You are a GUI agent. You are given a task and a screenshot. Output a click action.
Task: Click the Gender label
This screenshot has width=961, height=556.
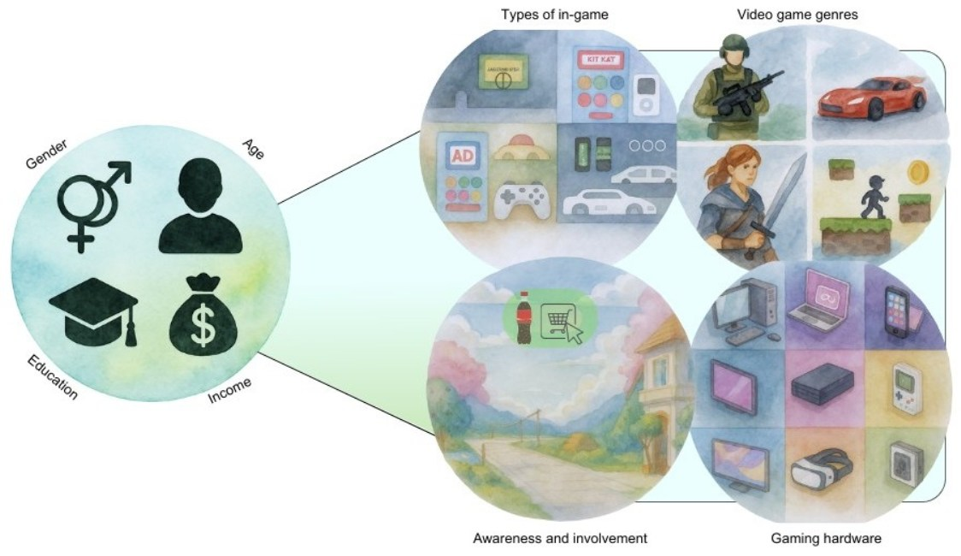point(48,153)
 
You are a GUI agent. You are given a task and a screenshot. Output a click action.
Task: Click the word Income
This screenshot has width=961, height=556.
point(230,391)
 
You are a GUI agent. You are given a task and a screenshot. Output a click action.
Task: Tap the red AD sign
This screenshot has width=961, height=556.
point(462,157)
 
